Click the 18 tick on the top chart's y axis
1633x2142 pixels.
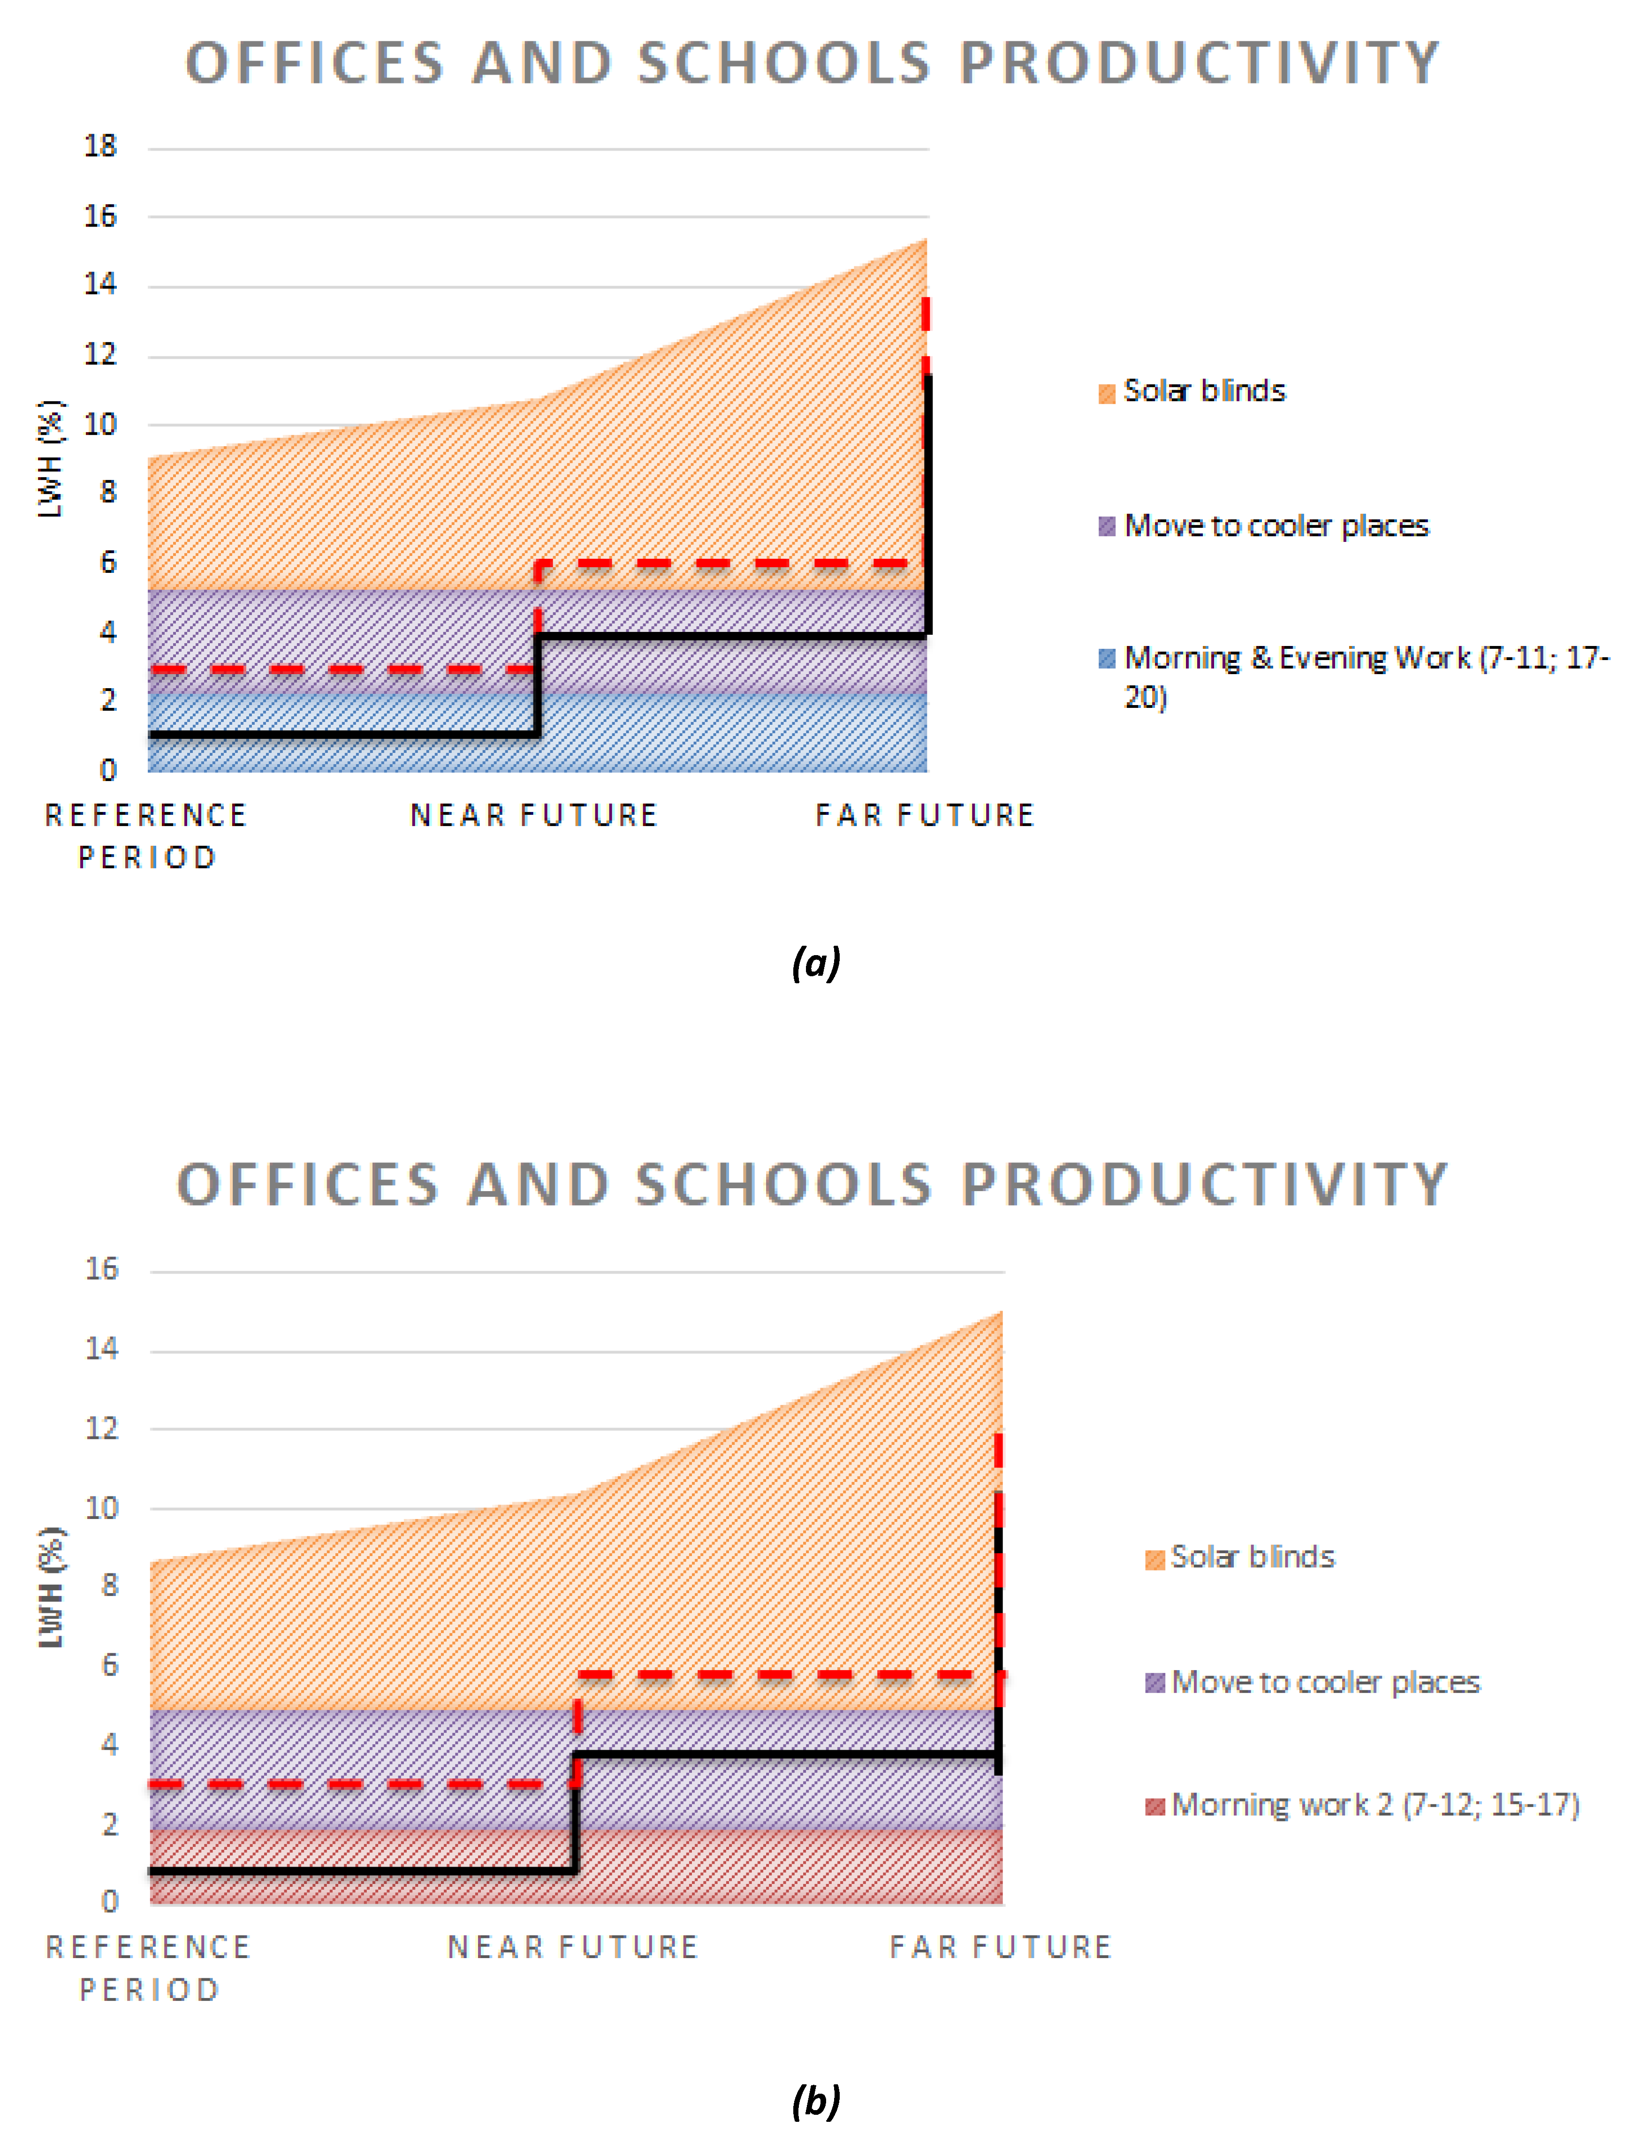tap(100, 147)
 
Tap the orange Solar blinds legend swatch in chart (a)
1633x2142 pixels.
tap(1106, 394)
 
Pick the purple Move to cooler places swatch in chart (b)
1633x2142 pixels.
tap(1155, 1682)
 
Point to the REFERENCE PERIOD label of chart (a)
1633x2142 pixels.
tap(147, 836)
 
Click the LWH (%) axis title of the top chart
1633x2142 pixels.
tap(51, 459)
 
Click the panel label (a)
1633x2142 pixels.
tap(815, 963)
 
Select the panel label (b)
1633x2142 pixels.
tap(815, 2101)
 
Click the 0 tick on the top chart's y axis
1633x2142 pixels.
tap(108, 771)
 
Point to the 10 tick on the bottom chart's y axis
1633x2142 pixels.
tap(101, 1508)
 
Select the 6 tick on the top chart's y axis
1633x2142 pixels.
tap(108, 563)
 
